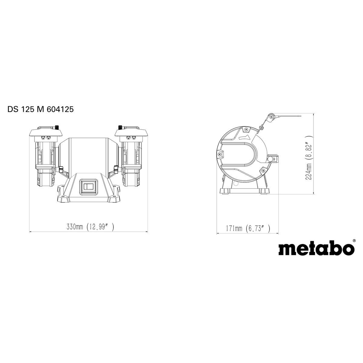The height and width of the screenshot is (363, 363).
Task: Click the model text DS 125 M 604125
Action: coord(40,110)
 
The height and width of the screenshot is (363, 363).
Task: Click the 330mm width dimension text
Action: coord(90,227)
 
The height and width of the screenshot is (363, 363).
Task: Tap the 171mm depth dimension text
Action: coord(247,228)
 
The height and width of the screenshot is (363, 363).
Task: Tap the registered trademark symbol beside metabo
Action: coord(354,241)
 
